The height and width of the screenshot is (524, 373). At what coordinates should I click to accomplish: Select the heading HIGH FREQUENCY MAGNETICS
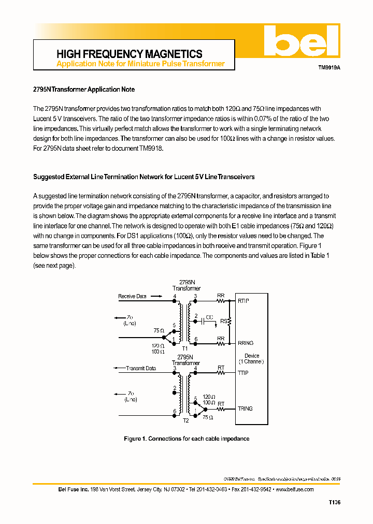tap(129, 54)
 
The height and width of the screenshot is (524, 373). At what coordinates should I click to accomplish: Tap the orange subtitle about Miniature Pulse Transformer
tap(140, 64)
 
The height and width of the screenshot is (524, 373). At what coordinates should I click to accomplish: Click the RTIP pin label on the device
tap(243, 301)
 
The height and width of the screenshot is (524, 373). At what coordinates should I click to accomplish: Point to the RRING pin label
tap(246, 343)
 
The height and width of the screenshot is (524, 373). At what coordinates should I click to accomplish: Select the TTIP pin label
tap(243, 373)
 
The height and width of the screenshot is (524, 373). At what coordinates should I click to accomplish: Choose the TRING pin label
tap(245, 409)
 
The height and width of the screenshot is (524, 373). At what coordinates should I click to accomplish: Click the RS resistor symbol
tap(229, 322)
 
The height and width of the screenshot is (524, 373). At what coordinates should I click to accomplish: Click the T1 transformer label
tap(185, 348)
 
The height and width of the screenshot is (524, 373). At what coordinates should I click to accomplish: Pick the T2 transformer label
tap(185, 420)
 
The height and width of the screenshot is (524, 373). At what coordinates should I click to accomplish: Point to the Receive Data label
tap(132, 296)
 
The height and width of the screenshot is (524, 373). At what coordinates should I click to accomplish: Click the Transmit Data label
tap(140, 368)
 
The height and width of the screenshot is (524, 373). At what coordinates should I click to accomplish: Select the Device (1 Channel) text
tap(251, 358)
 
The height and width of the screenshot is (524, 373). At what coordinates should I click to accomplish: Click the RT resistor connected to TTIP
tap(221, 373)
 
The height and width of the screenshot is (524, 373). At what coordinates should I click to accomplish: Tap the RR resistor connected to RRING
tap(221, 343)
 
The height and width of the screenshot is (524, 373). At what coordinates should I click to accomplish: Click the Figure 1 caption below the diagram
tap(187, 439)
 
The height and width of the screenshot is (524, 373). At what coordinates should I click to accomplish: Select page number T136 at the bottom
tap(334, 502)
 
